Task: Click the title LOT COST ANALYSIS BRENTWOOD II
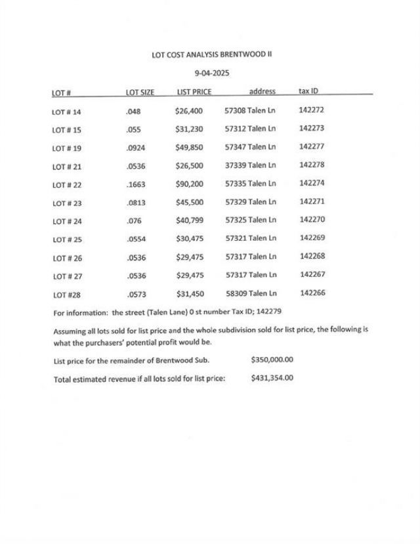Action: pos(211,55)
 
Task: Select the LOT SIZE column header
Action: pos(140,93)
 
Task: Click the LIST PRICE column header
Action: pos(194,93)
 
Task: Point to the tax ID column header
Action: pos(308,91)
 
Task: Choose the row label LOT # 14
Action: pos(66,112)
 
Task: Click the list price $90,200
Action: pos(189,184)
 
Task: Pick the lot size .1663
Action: pos(136,184)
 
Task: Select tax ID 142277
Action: pos(312,146)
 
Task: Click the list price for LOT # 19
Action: pos(189,148)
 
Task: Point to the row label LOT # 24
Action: pos(66,221)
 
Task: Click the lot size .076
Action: pos(133,221)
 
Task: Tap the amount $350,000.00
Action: pos(272,360)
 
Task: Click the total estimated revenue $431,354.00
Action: pos(272,378)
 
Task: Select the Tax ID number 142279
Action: pos(268,311)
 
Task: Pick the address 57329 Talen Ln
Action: pos(250,201)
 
